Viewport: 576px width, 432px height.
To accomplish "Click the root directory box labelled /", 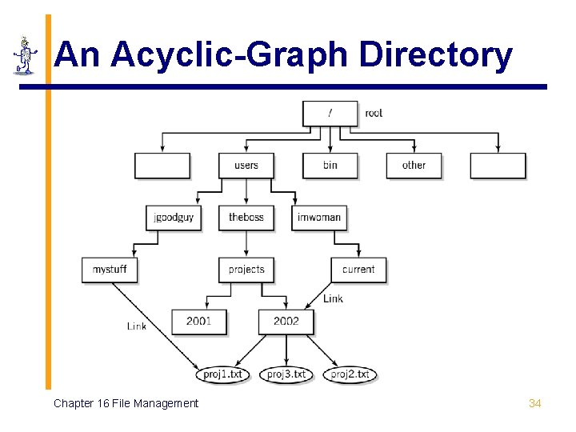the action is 330,113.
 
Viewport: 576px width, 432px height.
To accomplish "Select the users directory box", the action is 246,166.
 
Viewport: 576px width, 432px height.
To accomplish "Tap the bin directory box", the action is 330,166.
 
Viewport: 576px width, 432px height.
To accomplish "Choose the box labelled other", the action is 414,166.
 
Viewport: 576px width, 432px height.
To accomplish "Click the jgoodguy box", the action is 174,218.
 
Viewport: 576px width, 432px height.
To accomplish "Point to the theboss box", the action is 246,218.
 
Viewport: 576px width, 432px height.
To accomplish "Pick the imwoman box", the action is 318,218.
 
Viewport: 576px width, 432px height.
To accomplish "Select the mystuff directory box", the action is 110,270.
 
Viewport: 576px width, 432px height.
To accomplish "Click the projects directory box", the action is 246,270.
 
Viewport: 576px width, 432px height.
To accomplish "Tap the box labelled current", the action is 358,270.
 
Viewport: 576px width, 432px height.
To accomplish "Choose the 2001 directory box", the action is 198,322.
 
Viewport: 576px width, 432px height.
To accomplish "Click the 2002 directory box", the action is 286,322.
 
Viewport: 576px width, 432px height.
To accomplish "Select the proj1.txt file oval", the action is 223,374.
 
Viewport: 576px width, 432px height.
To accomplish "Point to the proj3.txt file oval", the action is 286,374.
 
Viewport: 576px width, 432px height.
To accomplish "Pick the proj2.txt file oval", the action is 350,374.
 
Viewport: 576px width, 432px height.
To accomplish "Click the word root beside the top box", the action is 374,113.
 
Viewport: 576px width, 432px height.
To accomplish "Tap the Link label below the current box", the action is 333,298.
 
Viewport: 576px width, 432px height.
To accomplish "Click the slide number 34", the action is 535,403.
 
